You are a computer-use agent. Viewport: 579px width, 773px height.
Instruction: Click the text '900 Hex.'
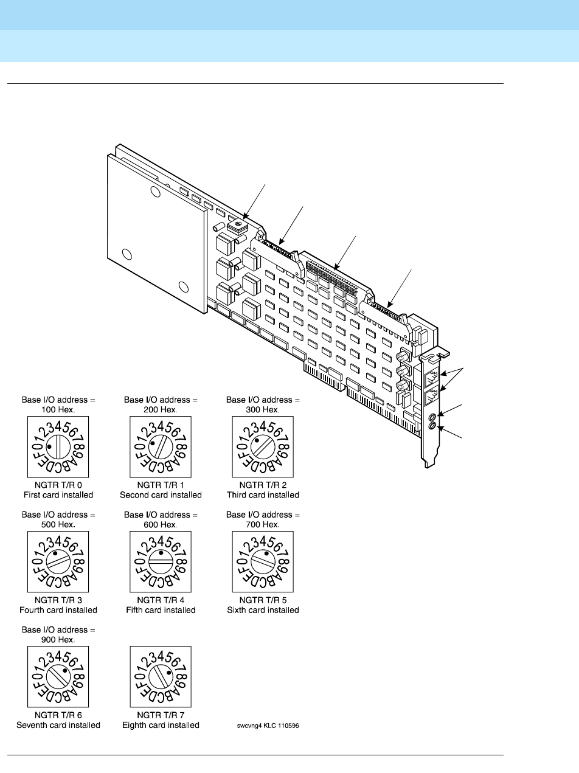tap(58, 639)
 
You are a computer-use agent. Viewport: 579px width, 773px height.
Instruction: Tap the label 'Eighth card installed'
tap(161, 725)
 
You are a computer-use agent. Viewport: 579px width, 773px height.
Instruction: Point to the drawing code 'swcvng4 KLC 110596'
tap(268, 726)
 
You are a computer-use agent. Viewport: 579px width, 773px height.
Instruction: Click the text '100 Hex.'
tap(58, 409)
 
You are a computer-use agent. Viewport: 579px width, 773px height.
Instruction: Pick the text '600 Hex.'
tap(161, 524)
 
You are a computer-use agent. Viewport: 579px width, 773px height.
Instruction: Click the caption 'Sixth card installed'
tap(263, 610)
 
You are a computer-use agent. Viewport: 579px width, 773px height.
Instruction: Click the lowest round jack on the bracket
tap(432, 427)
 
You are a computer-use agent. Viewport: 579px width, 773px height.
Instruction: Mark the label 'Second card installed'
tap(161, 495)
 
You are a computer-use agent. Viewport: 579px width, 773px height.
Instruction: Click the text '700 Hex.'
tap(263, 524)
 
